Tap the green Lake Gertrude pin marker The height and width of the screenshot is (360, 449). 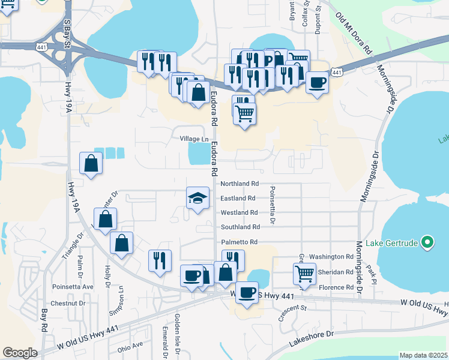pos(427,242)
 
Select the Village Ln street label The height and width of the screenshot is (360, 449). pos(194,139)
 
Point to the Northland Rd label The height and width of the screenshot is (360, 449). pos(239,184)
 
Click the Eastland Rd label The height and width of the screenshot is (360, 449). pos(238,198)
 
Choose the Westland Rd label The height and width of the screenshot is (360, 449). pos(239,212)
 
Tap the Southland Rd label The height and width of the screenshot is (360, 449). pos(240,227)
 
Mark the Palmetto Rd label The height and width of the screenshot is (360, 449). pos(239,242)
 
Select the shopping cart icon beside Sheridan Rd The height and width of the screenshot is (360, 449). pos(305,274)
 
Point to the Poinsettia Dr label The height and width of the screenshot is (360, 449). pos(272,204)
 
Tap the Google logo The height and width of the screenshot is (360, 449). pos(20,353)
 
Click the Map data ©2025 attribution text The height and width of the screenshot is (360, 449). pos(423,355)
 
